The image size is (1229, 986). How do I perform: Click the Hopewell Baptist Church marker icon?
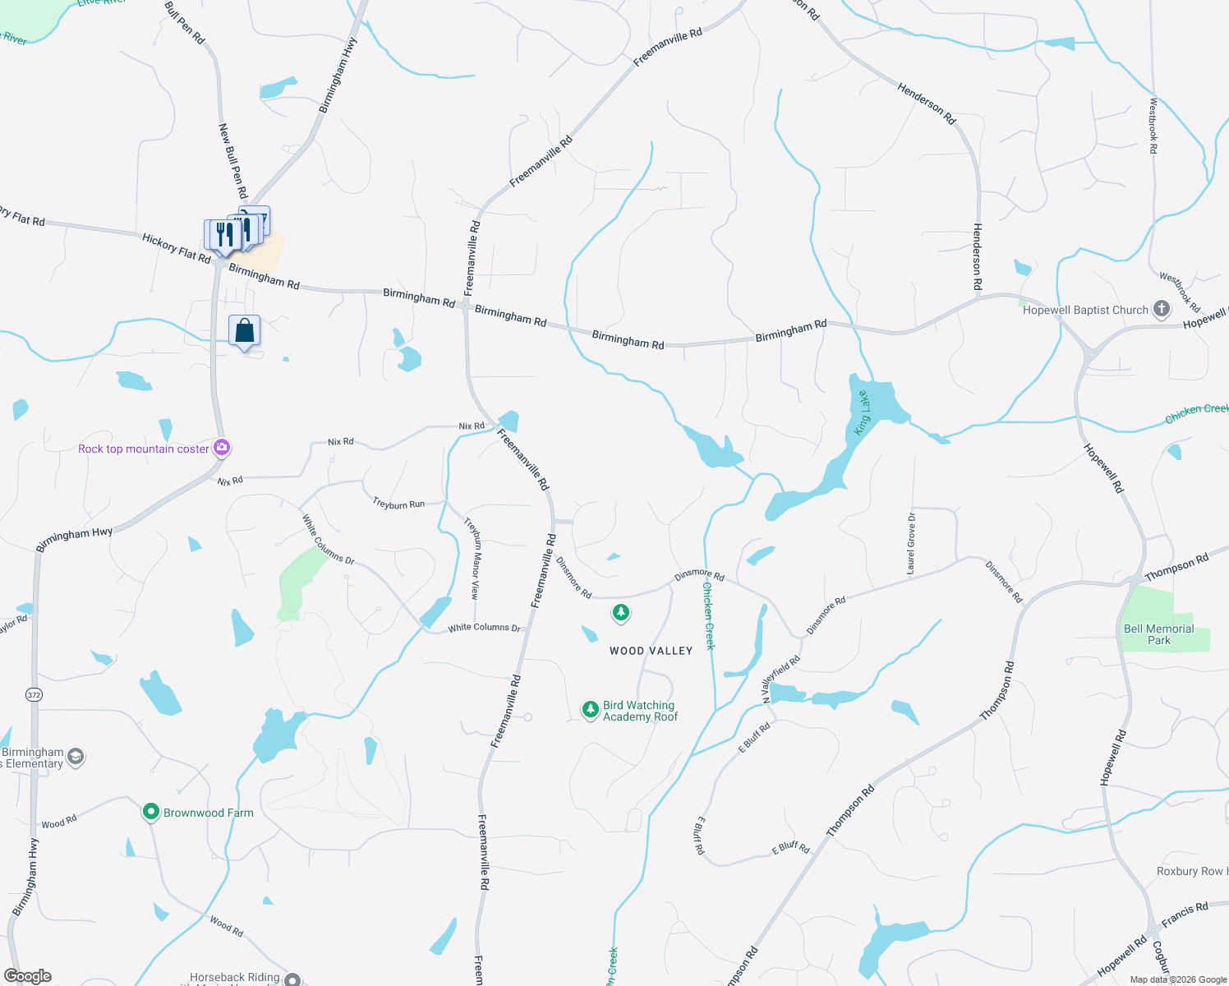pyautogui.click(x=1161, y=309)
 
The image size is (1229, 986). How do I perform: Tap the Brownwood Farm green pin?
pyautogui.click(x=150, y=813)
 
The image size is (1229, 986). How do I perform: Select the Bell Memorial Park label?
pyautogui.click(x=1158, y=634)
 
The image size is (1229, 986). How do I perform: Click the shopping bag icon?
pyautogui.click(x=244, y=331)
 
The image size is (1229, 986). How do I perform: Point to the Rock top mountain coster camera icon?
pyautogui.click(x=221, y=448)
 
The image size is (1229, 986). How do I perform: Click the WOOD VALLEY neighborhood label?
pyautogui.click(x=651, y=651)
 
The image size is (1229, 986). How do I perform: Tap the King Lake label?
pyautogui.click(x=862, y=413)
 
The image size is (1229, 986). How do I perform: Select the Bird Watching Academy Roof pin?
pyautogui.click(x=590, y=710)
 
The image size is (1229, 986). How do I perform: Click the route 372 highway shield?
pyautogui.click(x=34, y=695)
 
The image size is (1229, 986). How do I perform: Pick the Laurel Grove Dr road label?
pyautogui.click(x=911, y=543)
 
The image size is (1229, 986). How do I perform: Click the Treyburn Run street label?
pyautogui.click(x=398, y=504)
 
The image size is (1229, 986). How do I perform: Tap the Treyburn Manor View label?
pyautogui.click(x=472, y=558)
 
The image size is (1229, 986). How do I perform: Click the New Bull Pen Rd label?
pyautogui.click(x=232, y=161)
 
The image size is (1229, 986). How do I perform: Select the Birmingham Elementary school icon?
pyautogui.click(x=76, y=757)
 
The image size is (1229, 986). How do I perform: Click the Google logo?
pyautogui.click(x=28, y=976)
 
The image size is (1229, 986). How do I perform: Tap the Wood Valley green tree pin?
pyautogui.click(x=621, y=613)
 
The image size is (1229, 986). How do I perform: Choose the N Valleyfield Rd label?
pyautogui.click(x=780, y=679)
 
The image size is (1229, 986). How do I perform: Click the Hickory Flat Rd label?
pyautogui.click(x=176, y=248)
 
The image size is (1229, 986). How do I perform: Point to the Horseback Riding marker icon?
pyautogui.click(x=292, y=979)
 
